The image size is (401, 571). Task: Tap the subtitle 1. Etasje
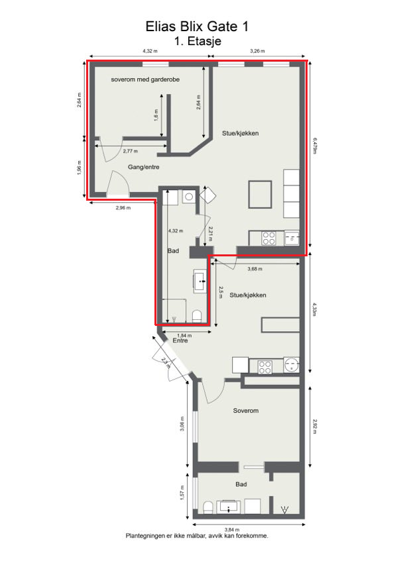pyautogui.click(x=198, y=41)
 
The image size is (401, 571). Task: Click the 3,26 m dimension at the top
pyautogui.click(x=257, y=50)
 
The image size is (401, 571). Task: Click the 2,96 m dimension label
pyautogui.click(x=123, y=208)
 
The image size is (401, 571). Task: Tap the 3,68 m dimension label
pyautogui.click(x=255, y=269)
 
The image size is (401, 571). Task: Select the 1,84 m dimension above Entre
pyautogui.click(x=184, y=335)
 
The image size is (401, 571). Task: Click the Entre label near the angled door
pyautogui.click(x=180, y=341)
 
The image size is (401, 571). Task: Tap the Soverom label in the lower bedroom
pyautogui.click(x=245, y=411)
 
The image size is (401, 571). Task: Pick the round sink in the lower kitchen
pyautogui.click(x=291, y=365)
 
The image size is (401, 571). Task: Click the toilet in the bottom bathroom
pyautogui.click(x=207, y=507)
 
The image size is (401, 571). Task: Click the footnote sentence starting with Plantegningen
pyautogui.click(x=197, y=536)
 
